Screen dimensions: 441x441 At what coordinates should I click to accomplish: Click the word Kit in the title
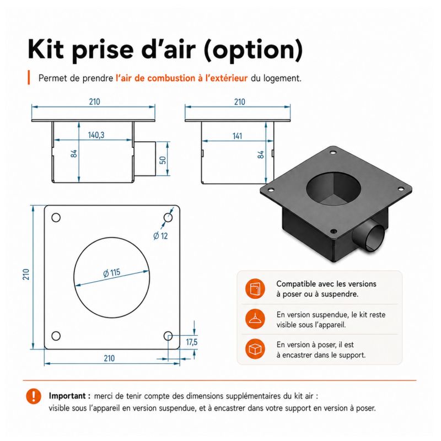(x=46, y=50)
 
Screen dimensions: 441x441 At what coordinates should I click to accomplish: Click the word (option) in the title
(x=253, y=51)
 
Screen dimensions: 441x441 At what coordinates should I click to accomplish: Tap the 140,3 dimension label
(x=96, y=135)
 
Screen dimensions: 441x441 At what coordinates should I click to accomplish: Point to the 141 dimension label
(x=237, y=136)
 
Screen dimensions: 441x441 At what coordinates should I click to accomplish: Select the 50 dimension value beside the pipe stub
(x=163, y=160)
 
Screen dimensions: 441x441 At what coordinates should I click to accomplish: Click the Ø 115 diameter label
(x=112, y=273)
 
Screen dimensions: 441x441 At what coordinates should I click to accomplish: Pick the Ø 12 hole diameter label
(x=160, y=235)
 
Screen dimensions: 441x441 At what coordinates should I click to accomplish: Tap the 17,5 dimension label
(x=191, y=342)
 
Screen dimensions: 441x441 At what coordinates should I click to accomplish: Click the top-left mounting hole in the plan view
(x=56, y=218)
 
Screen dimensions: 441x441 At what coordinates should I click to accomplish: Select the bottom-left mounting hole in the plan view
(x=56, y=336)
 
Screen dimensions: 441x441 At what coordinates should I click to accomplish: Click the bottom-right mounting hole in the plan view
(x=168, y=336)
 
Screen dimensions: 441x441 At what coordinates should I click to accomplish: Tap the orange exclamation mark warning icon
(x=34, y=396)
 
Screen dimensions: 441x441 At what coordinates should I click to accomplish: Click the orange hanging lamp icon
(x=255, y=319)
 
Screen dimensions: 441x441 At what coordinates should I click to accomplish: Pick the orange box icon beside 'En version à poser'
(x=255, y=349)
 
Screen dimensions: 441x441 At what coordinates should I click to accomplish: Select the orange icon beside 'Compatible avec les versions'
(x=255, y=289)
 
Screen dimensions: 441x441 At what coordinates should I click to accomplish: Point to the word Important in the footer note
(x=67, y=396)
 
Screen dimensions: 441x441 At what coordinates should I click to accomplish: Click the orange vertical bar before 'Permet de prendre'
(x=29, y=77)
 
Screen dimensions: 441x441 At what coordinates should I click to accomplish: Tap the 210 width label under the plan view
(x=109, y=358)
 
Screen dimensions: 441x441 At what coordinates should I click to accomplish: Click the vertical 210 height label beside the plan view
(x=26, y=274)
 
